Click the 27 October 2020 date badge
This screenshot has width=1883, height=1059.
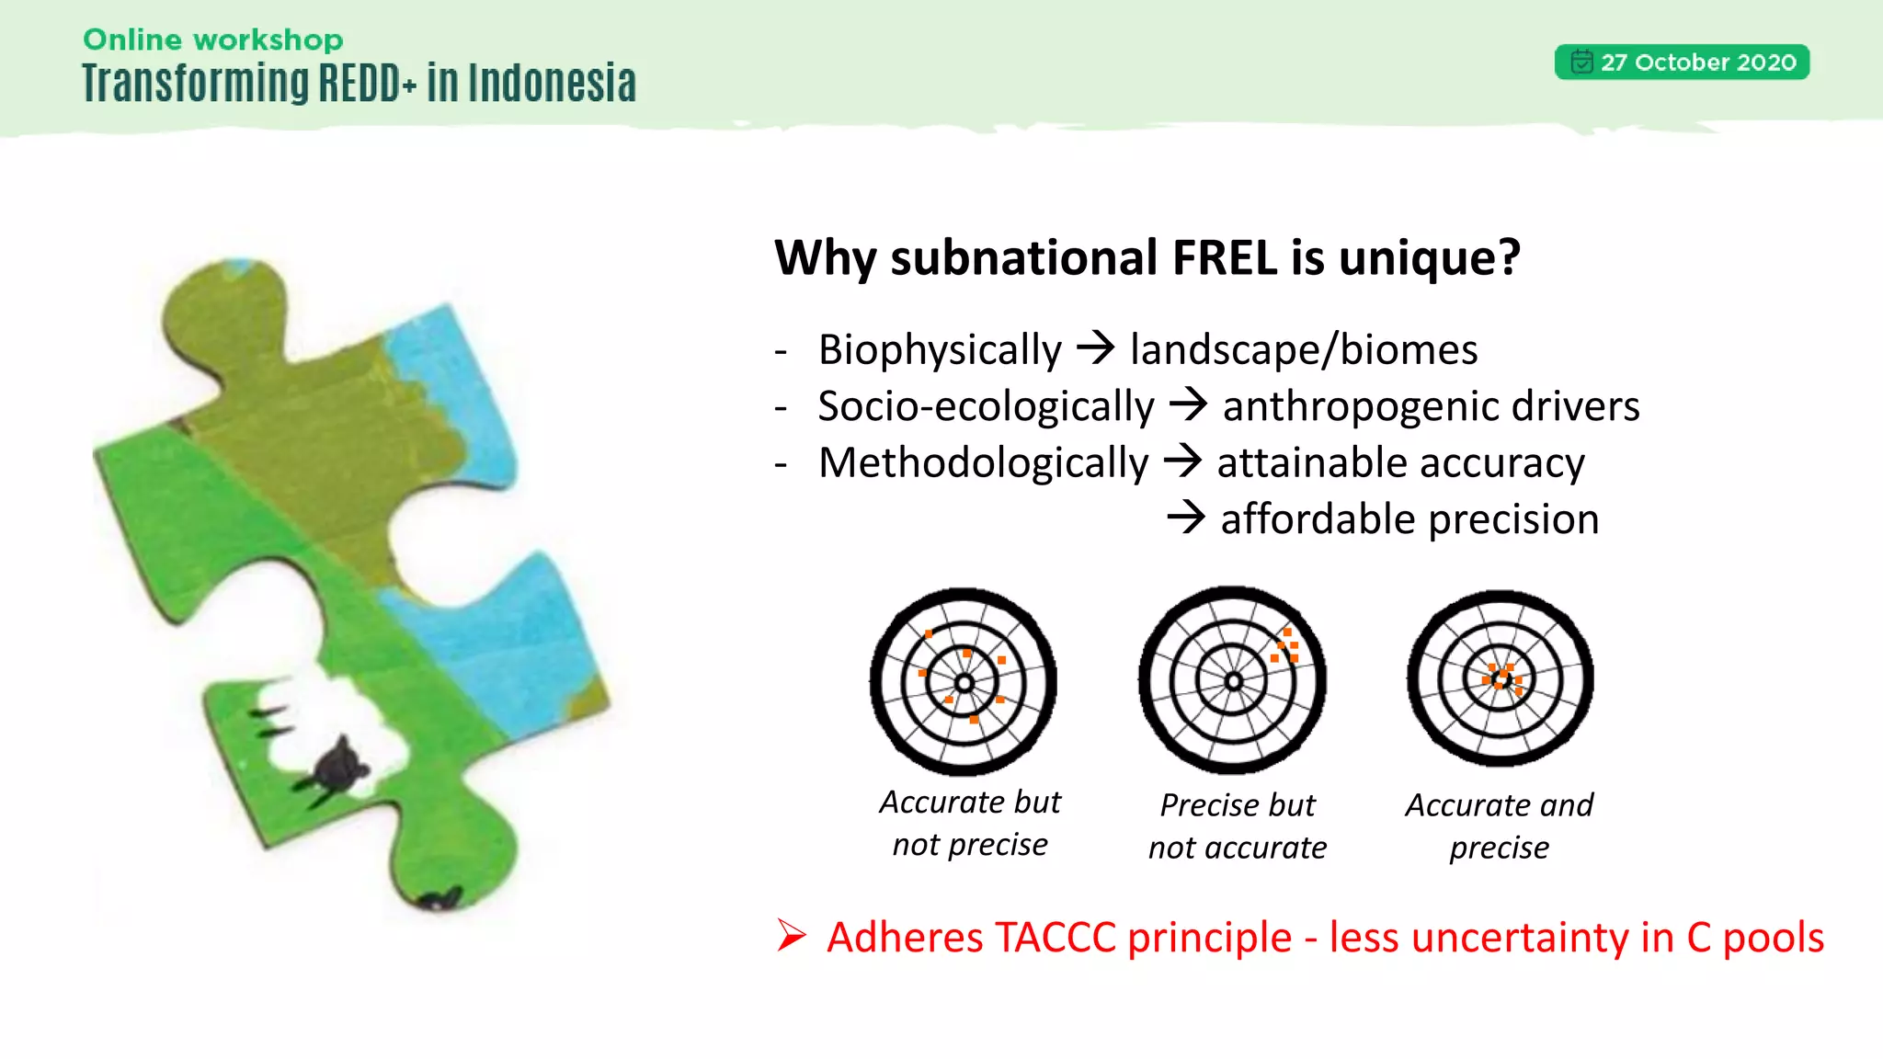1682,63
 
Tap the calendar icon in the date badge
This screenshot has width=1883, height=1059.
1581,62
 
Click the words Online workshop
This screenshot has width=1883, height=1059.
212,40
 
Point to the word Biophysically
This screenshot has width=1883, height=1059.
940,350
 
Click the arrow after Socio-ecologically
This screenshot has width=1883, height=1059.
1188,404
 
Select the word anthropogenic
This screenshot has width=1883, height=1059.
1360,406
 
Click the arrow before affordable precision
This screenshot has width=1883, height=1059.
1186,518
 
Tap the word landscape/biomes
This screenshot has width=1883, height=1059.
1303,350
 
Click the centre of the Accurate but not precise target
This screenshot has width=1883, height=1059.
964,683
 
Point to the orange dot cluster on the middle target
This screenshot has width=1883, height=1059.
1285,645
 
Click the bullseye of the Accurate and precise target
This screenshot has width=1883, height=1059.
1501,680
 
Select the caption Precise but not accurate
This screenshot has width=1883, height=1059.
1237,826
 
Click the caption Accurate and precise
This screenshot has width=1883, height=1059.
1499,826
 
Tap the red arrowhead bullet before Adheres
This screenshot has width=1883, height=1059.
791,936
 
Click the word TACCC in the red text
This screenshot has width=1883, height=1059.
1055,938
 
